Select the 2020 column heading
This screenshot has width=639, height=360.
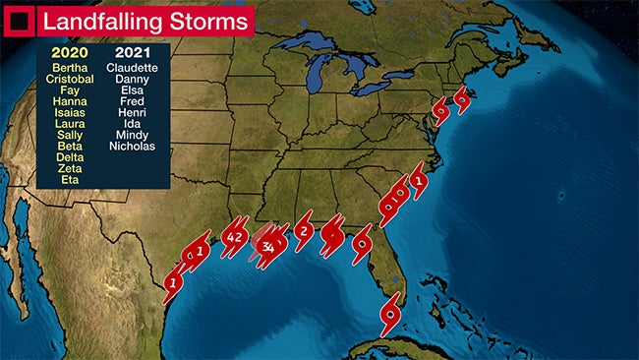click(x=70, y=52)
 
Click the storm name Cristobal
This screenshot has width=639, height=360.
click(x=70, y=79)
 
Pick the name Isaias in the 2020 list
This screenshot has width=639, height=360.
click(x=70, y=113)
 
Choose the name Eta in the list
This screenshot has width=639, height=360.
click(x=70, y=180)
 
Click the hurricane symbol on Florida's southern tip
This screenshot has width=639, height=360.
click(x=391, y=316)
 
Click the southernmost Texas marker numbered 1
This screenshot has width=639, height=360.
click(x=173, y=283)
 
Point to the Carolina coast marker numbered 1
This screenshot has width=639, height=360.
click(x=419, y=181)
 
